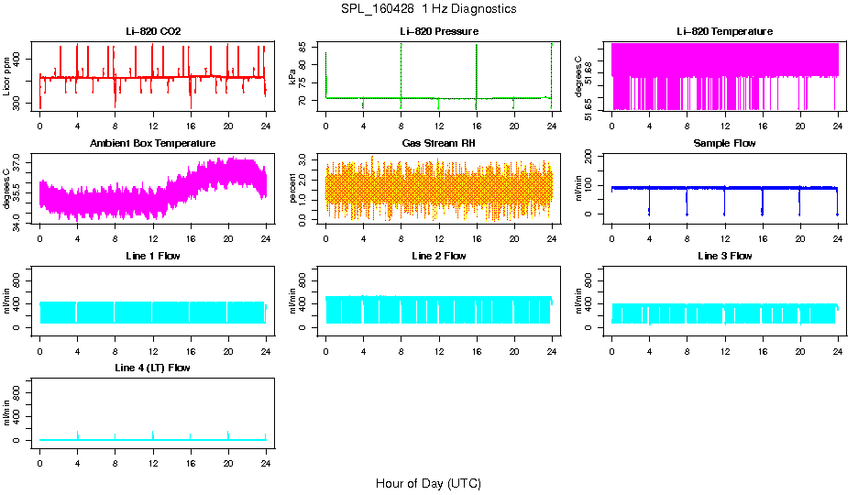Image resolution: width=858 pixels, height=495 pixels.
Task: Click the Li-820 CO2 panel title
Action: point(153,32)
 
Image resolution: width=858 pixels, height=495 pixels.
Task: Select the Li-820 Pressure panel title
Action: point(439,32)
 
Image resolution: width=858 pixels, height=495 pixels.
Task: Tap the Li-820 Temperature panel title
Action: point(724,32)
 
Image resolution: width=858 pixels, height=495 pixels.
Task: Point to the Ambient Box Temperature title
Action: point(153,144)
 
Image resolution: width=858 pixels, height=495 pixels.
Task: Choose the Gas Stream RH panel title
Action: point(439,144)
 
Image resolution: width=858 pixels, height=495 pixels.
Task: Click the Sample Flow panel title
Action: point(724,144)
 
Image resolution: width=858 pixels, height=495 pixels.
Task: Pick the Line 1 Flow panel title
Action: point(153,256)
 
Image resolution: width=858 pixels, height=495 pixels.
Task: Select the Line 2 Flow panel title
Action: point(439,256)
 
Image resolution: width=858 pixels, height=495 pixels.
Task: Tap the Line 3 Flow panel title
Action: point(724,256)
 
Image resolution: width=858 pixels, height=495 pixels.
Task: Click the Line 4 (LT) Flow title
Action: point(153,368)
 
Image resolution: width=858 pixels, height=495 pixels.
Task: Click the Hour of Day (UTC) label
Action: point(428,483)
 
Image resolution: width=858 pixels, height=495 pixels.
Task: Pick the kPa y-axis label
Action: point(293,79)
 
